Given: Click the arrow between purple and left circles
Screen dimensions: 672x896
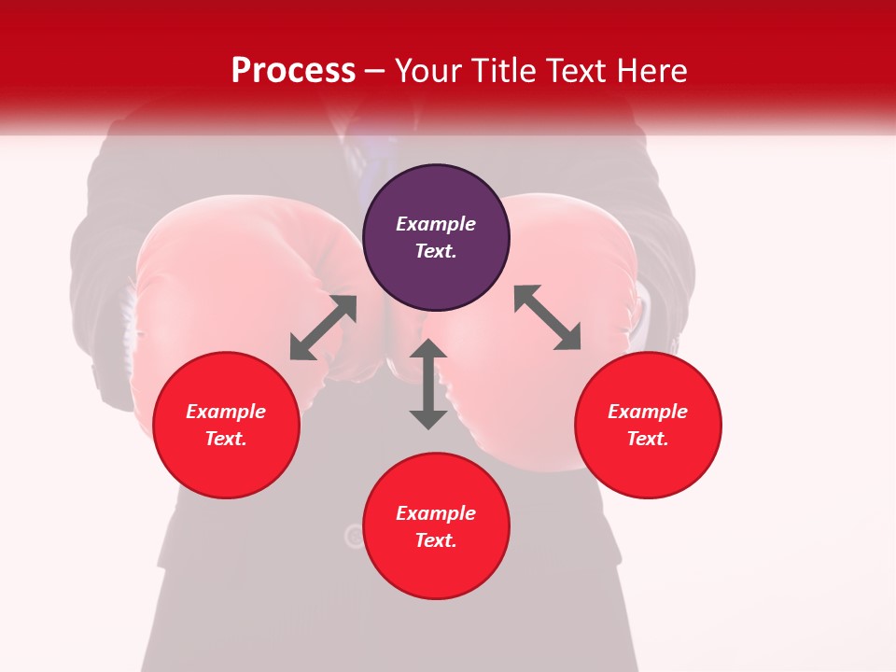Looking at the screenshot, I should pyautogui.click(x=323, y=328).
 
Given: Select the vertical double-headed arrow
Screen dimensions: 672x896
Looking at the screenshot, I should pyautogui.click(x=428, y=384).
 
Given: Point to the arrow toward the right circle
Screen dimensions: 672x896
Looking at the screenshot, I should pyautogui.click(x=547, y=317).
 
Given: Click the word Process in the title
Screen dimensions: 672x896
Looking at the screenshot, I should pyautogui.click(x=293, y=71).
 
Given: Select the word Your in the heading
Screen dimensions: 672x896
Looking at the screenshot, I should pyautogui.click(x=425, y=71).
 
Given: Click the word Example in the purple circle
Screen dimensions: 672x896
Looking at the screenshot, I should pyautogui.click(x=436, y=224).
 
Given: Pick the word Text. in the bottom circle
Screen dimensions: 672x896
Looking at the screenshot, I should pyautogui.click(x=436, y=540).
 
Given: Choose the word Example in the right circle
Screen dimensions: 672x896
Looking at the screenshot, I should pyautogui.click(x=648, y=412).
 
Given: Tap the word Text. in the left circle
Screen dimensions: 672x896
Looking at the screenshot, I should pyautogui.click(x=226, y=439).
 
